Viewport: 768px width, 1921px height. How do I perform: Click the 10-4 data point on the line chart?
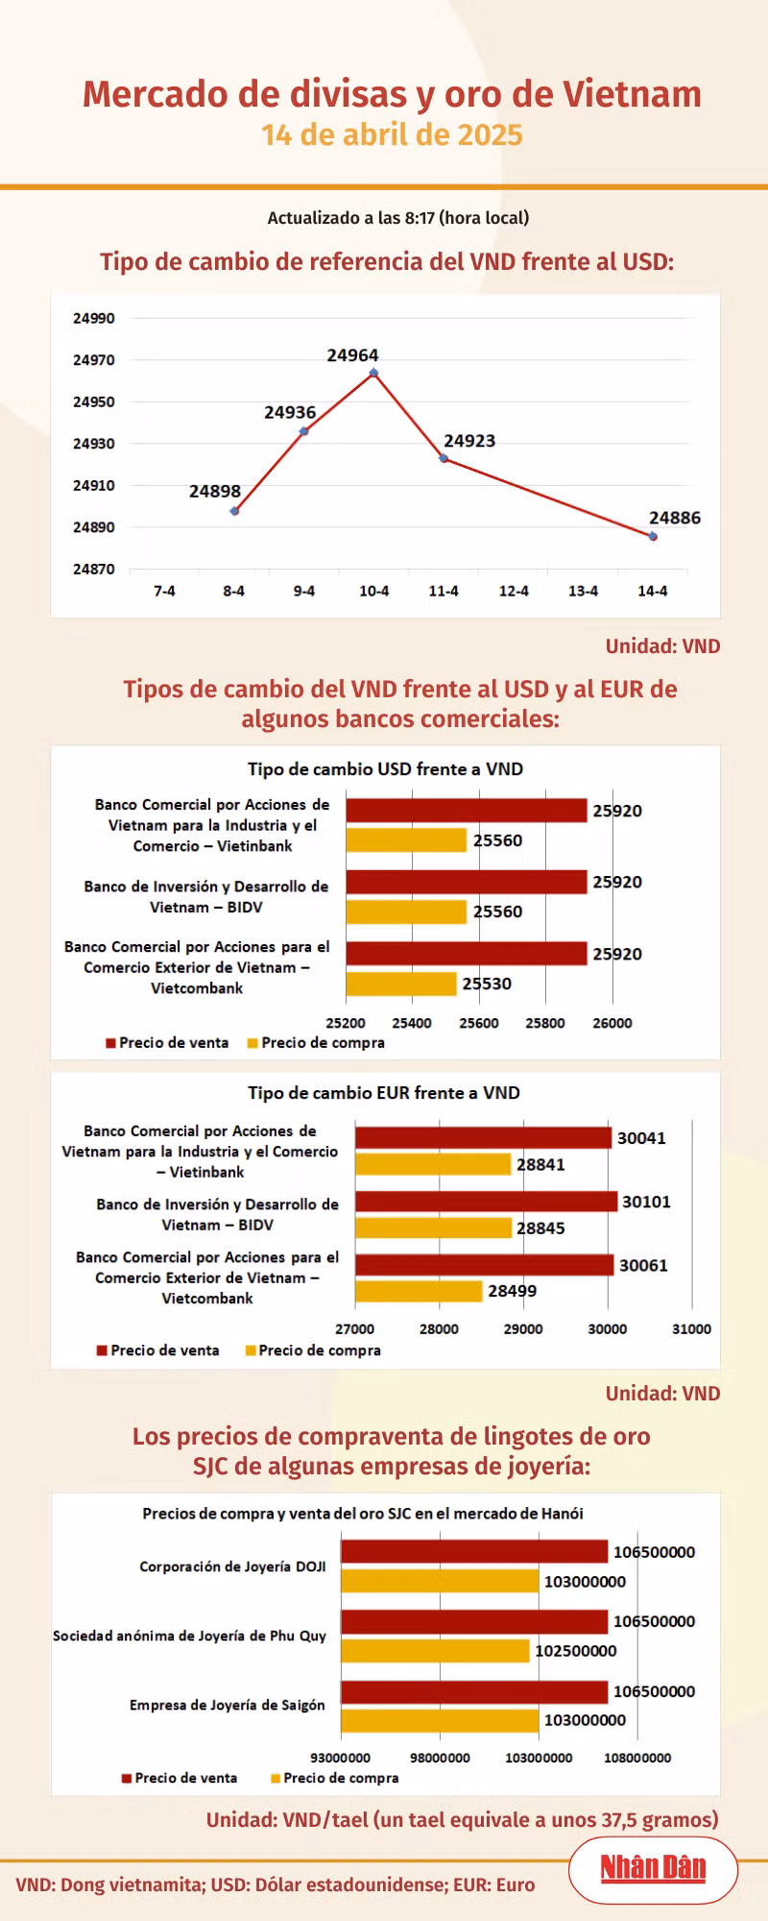(373, 373)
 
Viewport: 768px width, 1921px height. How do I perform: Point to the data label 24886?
(675, 518)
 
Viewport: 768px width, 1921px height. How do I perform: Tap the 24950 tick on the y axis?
(94, 401)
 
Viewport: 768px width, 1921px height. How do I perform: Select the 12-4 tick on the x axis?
(514, 591)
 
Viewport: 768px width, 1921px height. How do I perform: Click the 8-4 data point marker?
(234, 511)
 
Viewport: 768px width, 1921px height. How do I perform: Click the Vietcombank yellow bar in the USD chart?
(401, 984)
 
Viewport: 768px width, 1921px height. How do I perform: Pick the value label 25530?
(487, 984)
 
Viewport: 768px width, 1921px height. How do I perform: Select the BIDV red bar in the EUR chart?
(486, 1202)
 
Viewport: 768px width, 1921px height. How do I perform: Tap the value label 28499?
(513, 1291)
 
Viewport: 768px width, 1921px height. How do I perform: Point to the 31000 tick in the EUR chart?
(691, 1329)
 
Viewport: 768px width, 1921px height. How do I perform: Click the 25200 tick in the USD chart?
(346, 1023)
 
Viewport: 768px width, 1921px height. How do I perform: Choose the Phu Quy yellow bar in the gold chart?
(435, 1650)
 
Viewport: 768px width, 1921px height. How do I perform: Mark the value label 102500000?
(576, 1651)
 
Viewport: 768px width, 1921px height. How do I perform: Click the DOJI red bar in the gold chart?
(474, 1551)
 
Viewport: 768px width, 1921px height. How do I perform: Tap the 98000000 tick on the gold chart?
(440, 1758)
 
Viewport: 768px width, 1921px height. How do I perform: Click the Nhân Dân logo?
(653, 1868)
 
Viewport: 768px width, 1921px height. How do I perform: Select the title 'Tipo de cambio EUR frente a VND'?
(384, 1093)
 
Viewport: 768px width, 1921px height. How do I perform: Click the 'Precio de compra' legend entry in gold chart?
(334, 1778)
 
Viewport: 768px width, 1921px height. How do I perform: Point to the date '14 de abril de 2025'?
(392, 134)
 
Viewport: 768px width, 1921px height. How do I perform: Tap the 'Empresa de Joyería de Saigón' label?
(228, 1705)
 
